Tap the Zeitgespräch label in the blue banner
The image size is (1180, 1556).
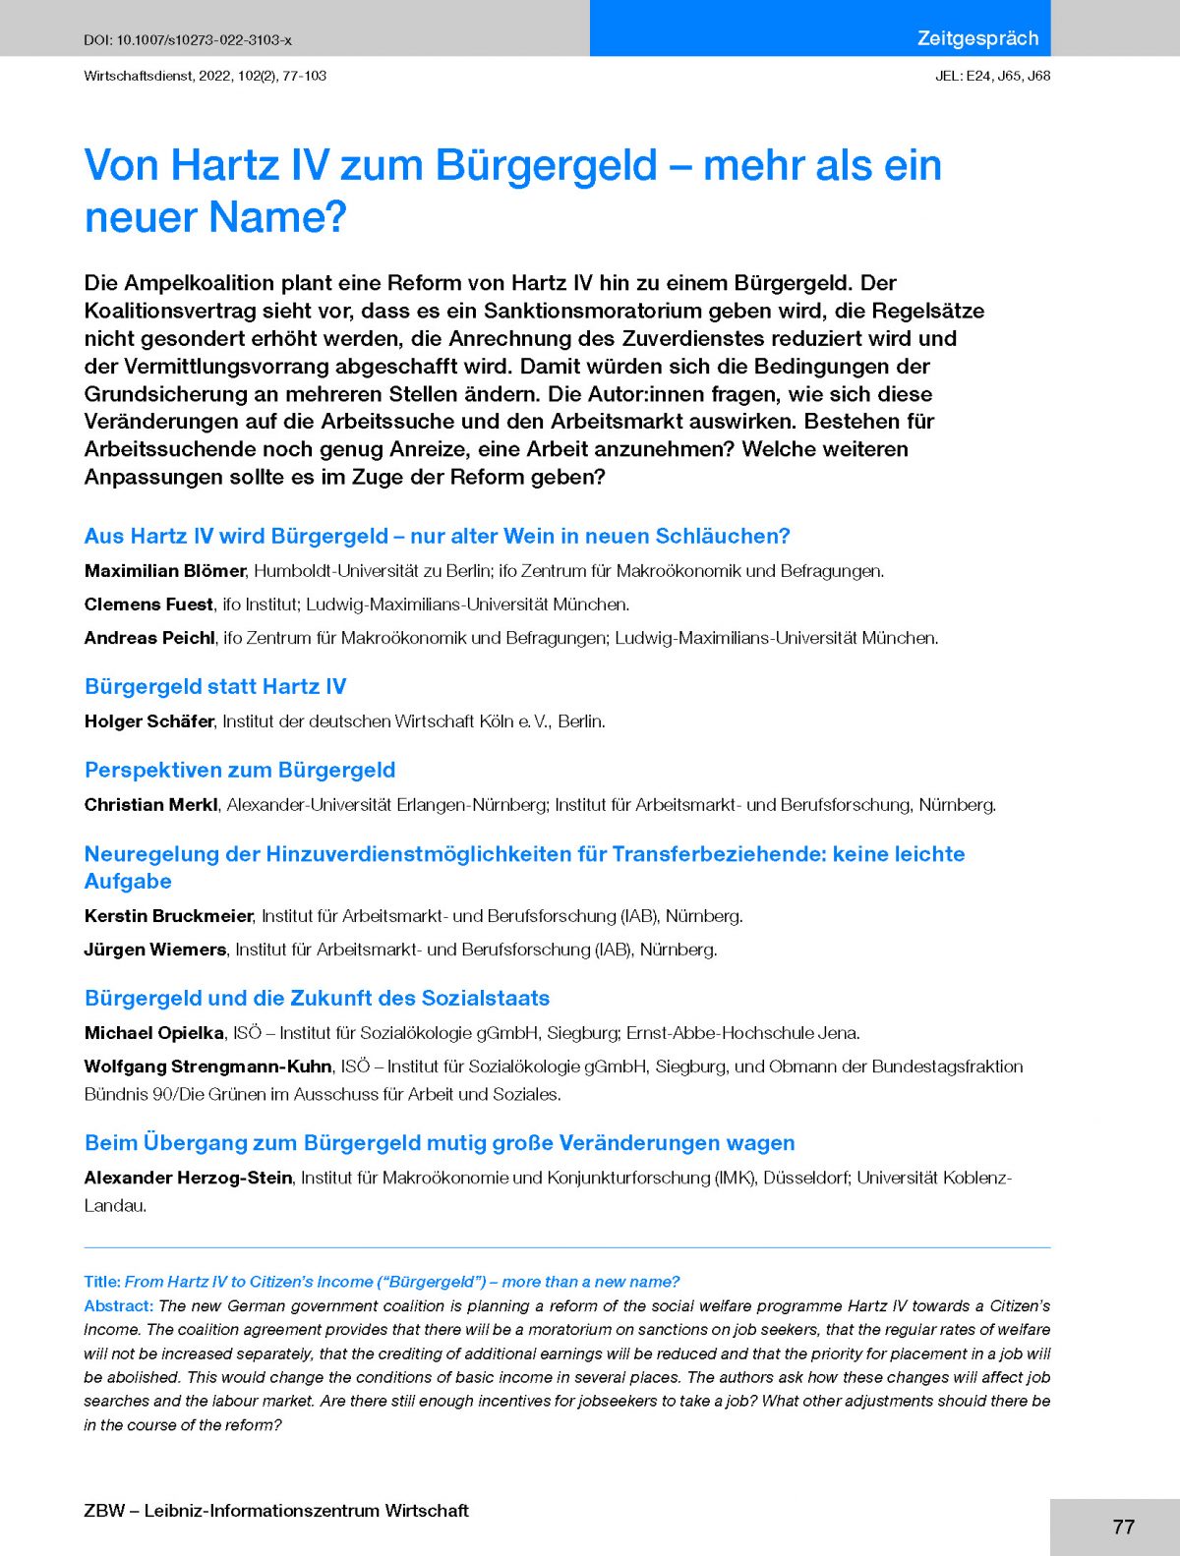[x=977, y=38]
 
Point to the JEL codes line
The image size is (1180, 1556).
[x=992, y=76]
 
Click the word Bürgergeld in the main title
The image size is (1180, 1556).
[x=546, y=165]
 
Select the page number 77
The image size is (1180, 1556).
[x=1123, y=1527]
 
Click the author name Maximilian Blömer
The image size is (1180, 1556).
[x=165, y=571]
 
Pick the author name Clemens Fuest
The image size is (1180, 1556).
[x=148, y=605]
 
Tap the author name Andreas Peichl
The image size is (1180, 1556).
[x=149, y=638]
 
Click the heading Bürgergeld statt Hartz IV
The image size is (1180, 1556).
[x=215, y=686]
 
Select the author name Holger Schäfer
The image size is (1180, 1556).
[x=148, y=721]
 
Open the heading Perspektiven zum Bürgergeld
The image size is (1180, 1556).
[x=240, y=770]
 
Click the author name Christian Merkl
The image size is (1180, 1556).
[x=150, y=805]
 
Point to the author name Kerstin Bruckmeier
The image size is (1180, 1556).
[x=168, y=916]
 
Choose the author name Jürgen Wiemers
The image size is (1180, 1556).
[x=155, y=950]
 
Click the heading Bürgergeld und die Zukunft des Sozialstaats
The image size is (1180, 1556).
[x=317, y=998]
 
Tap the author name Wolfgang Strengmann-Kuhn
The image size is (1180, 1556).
[x=207, y=1066]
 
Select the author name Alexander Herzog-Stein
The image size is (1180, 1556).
[x=188, y=1178]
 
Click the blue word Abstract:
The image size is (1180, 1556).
[x=118, y=1306]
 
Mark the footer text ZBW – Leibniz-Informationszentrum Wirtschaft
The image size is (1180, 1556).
[x=276, y=1511]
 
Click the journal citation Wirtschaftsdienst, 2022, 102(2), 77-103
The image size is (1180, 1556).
[x=206, y=76]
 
